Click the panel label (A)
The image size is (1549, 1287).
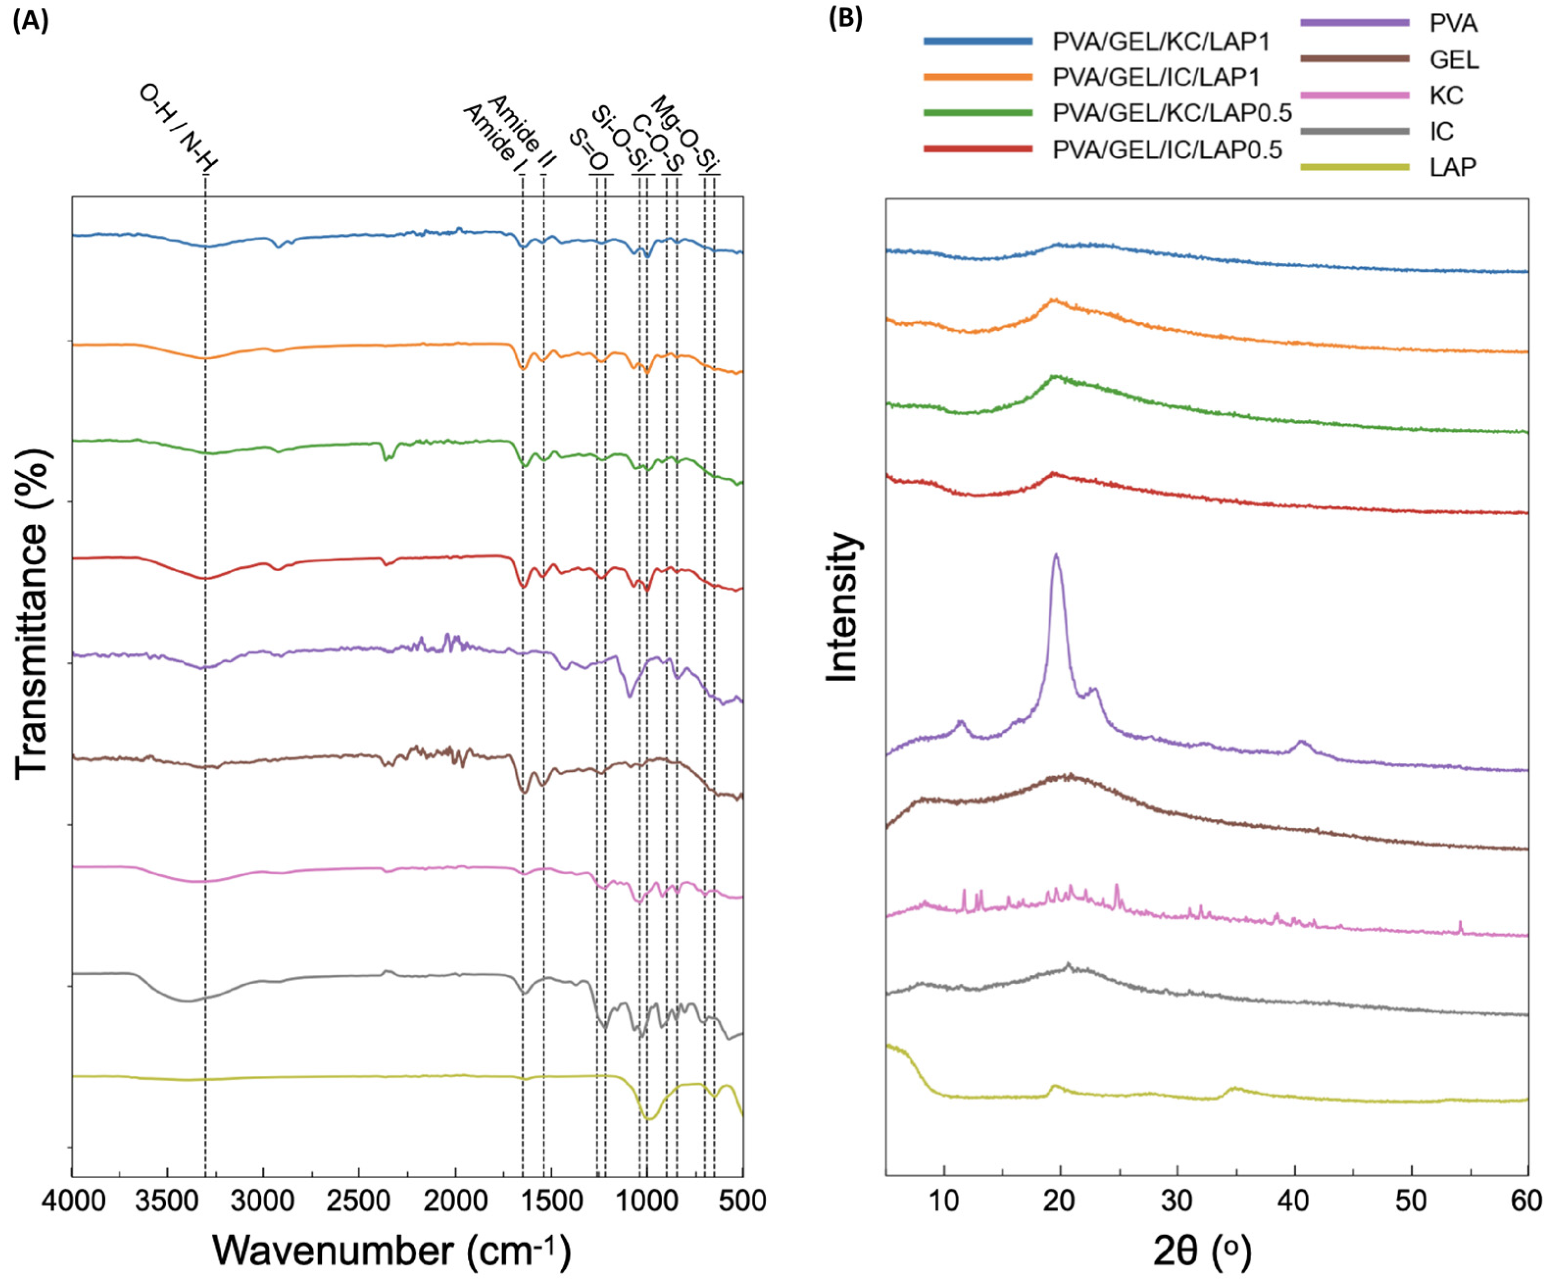[30, 22]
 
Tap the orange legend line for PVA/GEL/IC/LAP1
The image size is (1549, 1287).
[977, 77]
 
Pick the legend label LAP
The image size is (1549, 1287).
[1452, 168]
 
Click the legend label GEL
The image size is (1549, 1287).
[1454, 60]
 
